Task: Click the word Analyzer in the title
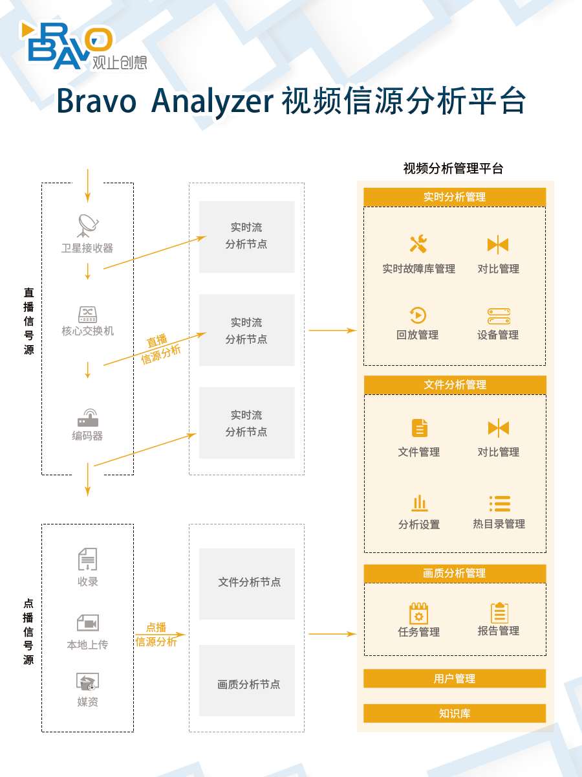pyautogui.click(x=212, y=102)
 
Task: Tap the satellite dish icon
pyautogui.click(x=88, y=225)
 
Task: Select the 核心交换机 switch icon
pyautogui.click(x=88, y=314)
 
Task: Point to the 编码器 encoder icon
pyautogui.click(x=88, y=418)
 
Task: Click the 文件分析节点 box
pyautogui.click(x=246, y=584)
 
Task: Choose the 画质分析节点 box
pyautogui.click(x=246, y=681)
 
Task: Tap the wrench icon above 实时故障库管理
pyautogui.click(x=418, y=244)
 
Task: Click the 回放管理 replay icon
pyautogui.click(x=418, y=315)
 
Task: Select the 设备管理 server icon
pyautogui.click(x=499, y=316)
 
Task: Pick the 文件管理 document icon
pyautogui.click(x=420, y=428)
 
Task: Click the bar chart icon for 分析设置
pyautogui.click(x=420, y=503)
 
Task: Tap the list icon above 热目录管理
pyautogui.click(x=500, y=503)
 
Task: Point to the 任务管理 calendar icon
pyautogui.click(x=419, y=613)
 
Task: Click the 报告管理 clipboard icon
pyautogui.click(x=499, y=613)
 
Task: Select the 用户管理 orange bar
pyautogui.click(x=455, y=678)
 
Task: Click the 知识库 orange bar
pyautogui.click(x=455, y=714)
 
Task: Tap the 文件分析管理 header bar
pyautogui.click(x=455, y=385)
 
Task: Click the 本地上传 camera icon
pyautogui.click(x=88, y=623)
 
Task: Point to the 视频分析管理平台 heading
pyautogui.click(x=453, y=168)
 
